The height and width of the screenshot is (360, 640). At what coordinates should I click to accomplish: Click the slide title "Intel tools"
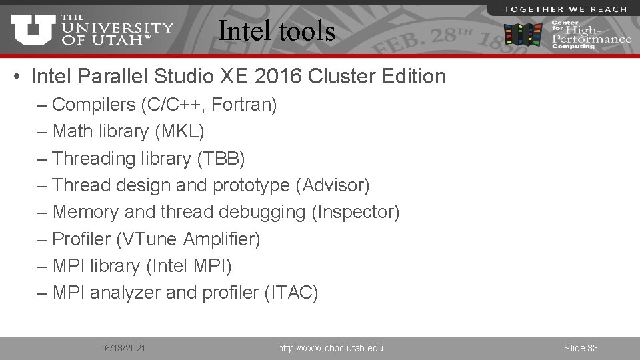277,31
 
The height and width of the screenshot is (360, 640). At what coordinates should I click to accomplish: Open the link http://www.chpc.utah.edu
330,348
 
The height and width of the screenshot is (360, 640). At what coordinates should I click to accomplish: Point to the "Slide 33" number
581,348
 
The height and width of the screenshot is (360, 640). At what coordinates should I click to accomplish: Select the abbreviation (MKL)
179,131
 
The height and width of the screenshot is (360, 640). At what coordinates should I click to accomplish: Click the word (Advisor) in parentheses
336,185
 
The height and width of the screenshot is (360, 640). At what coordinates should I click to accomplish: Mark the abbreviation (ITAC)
291,293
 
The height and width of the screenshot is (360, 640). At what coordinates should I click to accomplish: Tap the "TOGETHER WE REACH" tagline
565,9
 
